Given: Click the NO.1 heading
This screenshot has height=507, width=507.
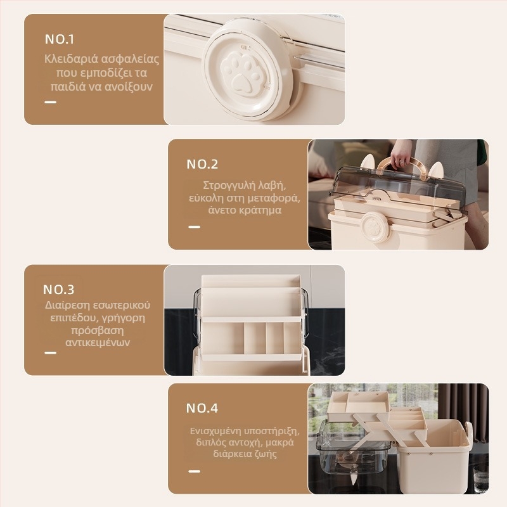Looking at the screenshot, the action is point(60,39).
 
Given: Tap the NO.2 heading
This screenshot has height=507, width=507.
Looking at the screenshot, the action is point(202,164).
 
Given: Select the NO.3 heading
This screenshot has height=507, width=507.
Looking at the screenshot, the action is point(59,290).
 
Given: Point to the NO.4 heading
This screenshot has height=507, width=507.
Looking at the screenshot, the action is point(202,408).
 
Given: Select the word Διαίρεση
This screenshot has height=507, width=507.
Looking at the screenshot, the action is point(67,305).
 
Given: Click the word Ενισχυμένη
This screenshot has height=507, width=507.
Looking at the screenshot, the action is point(215,432).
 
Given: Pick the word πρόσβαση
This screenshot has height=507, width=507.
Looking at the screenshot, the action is point(98,330).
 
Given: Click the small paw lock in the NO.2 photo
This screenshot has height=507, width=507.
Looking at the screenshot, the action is point(375,227).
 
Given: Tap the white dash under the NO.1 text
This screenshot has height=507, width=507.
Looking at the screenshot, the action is point(51,102).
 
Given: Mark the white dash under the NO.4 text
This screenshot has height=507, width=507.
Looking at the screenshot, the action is point(194,472).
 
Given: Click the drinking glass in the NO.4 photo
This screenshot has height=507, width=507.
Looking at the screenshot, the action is point(480,477).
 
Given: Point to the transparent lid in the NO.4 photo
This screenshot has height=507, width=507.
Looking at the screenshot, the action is point(352,449).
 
